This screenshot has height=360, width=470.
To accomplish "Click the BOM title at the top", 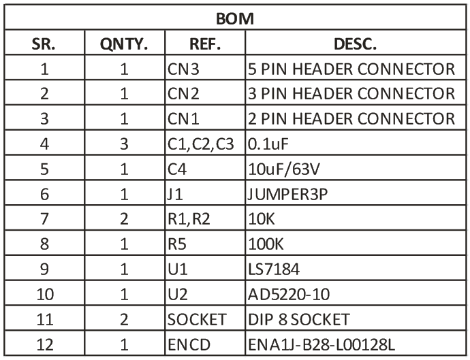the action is point(235,18).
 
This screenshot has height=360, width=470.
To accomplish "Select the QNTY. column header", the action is point(124,44).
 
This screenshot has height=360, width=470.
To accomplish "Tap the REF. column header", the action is point(205,44).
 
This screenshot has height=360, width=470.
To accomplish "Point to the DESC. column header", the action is point(355,44).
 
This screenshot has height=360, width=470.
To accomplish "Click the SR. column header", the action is point(44,44).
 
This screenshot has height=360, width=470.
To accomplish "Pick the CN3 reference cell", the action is point(183,69).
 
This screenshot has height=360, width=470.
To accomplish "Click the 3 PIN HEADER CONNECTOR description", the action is point(351,94).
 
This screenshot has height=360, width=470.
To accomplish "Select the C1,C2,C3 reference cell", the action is point(200,144).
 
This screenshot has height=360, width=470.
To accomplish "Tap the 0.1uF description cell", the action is point(268,144).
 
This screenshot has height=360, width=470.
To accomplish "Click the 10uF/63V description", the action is point(284,169).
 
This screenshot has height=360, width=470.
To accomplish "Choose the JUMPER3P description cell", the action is point(287,195).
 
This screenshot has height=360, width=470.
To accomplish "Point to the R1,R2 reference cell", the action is point(189,219).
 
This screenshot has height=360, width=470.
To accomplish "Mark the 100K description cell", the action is point(266,244).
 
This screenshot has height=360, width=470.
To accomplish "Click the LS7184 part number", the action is point(274,269).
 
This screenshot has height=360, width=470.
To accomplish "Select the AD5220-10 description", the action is point(289,295).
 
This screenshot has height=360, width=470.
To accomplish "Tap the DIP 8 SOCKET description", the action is point(299,319).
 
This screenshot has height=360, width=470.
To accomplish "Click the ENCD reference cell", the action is point(189,344).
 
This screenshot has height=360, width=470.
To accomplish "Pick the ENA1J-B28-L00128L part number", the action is point(322,344).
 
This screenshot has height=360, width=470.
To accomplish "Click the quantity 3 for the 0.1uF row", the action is point(124,144).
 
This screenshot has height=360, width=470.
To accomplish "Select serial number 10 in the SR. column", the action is point(45,295).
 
